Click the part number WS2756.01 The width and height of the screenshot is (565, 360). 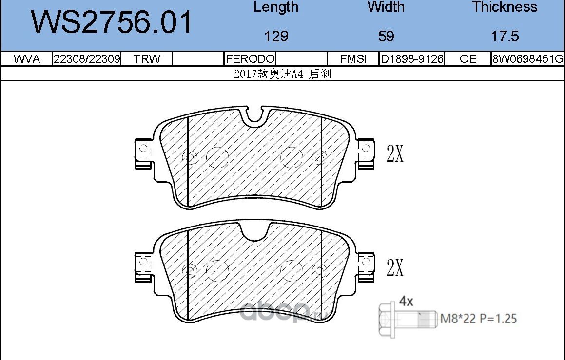[x=112, y=22]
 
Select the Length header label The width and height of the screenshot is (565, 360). [x=275, y=7]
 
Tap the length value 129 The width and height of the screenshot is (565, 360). [x=276, y=36]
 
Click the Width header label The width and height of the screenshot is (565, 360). [x=386, y=7]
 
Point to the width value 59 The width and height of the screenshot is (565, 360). [x=386, y=36]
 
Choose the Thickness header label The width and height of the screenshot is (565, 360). [x=505, y=7]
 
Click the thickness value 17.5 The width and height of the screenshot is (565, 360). [x=505, y=36]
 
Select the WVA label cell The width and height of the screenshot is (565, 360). [x=26, y=58]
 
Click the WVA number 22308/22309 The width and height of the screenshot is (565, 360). [x=86, y=58]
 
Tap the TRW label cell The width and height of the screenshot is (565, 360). [x=147, y=58]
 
